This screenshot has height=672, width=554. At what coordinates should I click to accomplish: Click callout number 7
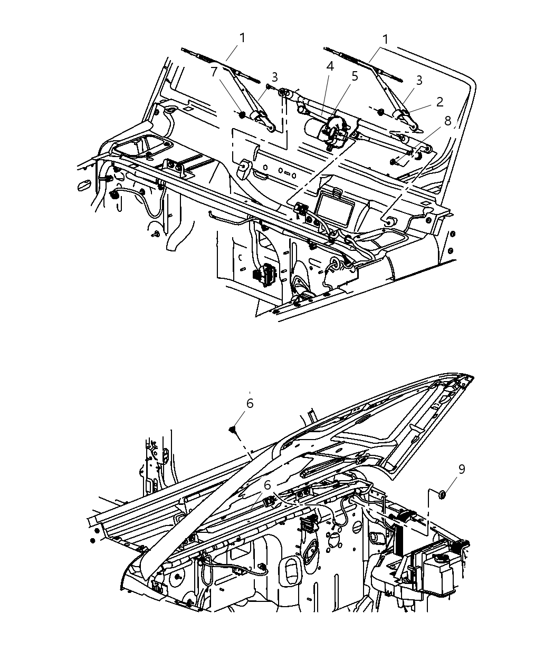point(214,72)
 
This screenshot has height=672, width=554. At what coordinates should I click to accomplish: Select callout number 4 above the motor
point(330,66)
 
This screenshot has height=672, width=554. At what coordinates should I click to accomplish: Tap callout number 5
point(355,76)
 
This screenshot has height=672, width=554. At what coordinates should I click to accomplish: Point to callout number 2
point(439,102)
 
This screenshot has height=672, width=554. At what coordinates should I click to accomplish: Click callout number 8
point(448,121)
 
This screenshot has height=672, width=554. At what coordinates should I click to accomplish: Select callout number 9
point(461,469)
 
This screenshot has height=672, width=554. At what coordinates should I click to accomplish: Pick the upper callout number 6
point(250,403)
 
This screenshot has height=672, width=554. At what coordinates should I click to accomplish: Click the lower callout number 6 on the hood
point(267,484)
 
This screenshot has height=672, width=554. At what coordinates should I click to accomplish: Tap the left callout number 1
point(242,38)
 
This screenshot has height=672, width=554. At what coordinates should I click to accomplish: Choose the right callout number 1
point(386,40)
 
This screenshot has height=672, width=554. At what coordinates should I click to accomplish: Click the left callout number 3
point(274,77)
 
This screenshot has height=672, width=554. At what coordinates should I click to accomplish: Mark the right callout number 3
point(419,80)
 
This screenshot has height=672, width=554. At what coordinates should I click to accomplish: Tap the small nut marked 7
point(242,114)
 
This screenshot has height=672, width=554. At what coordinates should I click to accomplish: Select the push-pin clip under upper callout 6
point(233,431)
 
